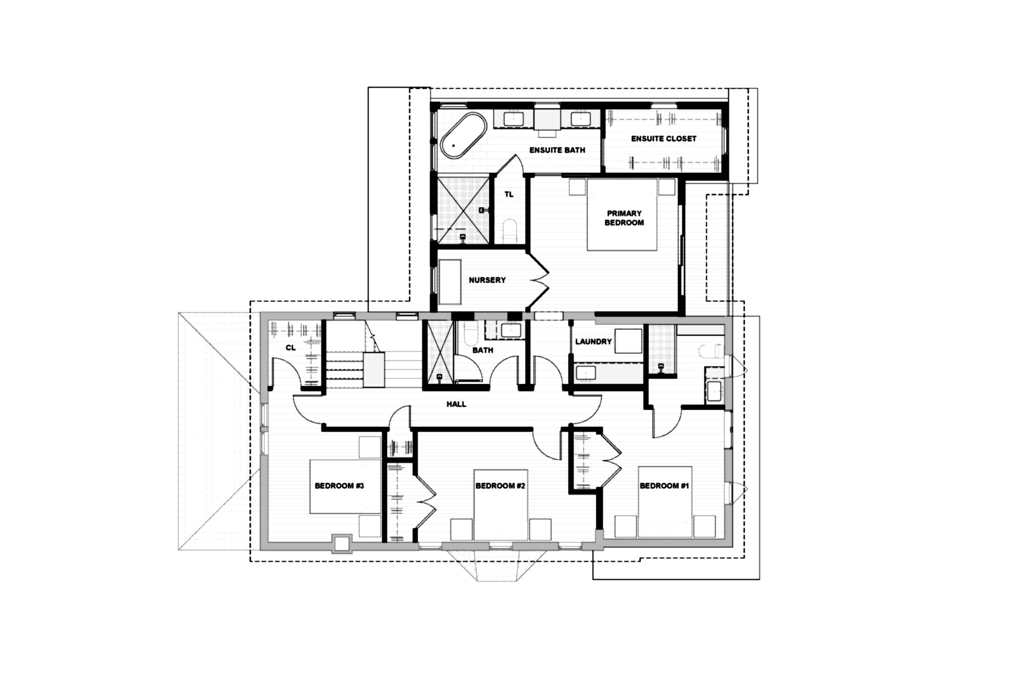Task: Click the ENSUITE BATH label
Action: tap(557, 150)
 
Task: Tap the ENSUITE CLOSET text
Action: tap(664, 139)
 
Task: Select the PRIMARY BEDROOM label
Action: tap(624, 218)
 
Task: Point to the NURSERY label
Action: tap(487, 280)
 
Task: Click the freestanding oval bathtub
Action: tap(464, 135)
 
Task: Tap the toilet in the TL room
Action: tap(510, 230)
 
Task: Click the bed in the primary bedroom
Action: tap(622, 215)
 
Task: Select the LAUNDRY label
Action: tap(594, 342)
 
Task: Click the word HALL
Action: tap(456, 404)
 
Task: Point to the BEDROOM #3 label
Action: tap(339, 486)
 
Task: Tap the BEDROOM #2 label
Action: tap(500, 486)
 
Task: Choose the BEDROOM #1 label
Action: tap(664, 486)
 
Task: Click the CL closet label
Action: tap(291, 348)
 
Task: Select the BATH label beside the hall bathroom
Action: tap(483, 350)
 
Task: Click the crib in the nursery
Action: tap(450, 282)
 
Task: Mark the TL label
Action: tap(509, 195)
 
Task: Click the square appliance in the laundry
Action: tap(628, 341)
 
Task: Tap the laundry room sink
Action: tap(586, 373)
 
